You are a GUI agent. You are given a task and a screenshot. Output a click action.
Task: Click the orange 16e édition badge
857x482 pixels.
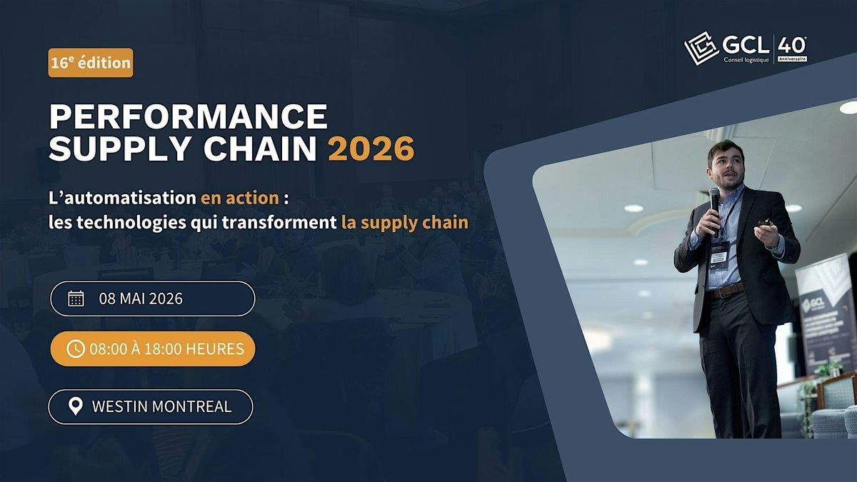[91, 63]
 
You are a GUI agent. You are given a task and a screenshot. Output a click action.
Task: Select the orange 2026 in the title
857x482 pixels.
[371, 149]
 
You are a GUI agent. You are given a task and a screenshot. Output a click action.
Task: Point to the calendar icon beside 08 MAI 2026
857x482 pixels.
[76, 298]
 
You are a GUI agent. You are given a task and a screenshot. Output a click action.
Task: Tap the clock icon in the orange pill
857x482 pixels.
[76, 348]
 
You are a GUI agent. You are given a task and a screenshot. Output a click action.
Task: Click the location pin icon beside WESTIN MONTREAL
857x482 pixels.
[75, 406]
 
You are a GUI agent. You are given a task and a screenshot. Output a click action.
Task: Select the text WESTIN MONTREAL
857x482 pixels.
[161, 406]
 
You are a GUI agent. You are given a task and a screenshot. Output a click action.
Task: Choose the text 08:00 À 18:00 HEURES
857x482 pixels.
[166, 348]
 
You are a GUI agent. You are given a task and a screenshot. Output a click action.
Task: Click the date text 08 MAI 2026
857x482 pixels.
[141, 298]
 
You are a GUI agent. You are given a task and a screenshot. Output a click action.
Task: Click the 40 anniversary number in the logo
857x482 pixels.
[791, 45]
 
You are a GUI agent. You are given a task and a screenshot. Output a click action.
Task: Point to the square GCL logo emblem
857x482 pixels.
[701, 48]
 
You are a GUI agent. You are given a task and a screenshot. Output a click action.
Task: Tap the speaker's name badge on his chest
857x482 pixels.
[719, 253]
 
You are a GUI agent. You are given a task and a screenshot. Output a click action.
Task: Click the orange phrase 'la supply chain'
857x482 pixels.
[405, 222]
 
